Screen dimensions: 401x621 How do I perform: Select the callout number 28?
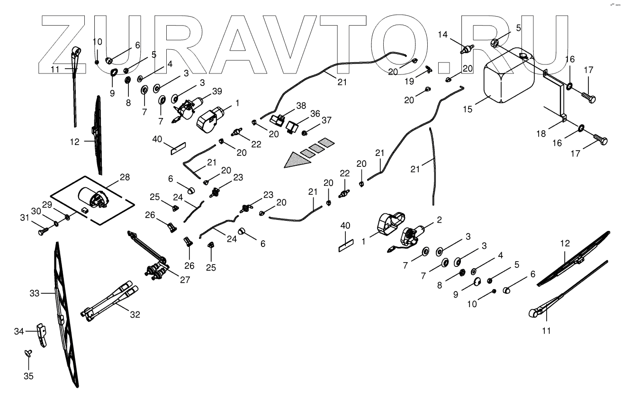click(x=124, y=177)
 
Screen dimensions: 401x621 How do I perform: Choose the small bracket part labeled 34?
click(x=42, y=335)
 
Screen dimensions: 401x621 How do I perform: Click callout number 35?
click(x=28, y=376)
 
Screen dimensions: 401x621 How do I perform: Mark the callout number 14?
click(x=442, y=34)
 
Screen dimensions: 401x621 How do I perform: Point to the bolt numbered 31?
click(x=42, y=232)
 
